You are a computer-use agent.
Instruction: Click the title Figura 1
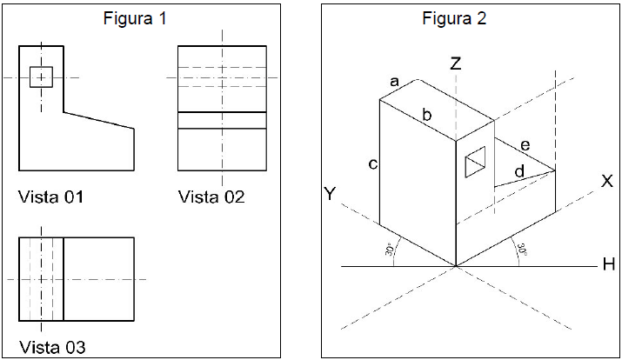tap(135, 18)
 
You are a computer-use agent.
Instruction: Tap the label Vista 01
tap(50, 197)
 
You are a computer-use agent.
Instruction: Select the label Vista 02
tap(211, 197)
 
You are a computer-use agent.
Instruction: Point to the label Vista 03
tap(51, 348)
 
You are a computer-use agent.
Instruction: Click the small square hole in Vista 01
tap(41, 77)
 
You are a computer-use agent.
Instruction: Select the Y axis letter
tap(329, 194)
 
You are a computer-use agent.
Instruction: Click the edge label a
tap(394, 82)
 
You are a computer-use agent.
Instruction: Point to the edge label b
tap(426, 114)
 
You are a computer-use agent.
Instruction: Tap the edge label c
tap(372, 163)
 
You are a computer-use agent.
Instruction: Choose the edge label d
tap(519, 172)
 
